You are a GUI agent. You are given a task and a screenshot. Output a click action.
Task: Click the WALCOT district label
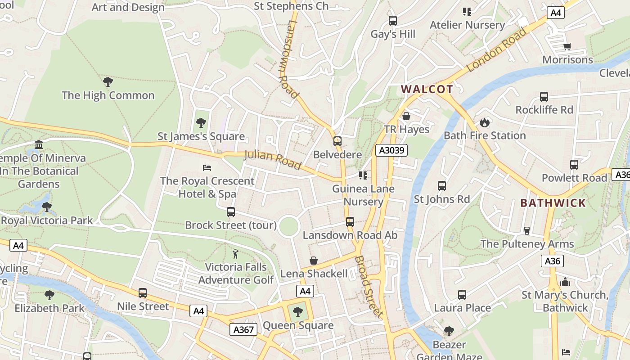click(x=427, y=89)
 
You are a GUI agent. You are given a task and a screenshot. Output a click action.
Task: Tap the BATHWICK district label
click(x=553, y=203)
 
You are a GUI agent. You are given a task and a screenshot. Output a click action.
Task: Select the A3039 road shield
click(x=391, y=150)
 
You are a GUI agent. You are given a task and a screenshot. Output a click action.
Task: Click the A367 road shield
click(x=244, y=329)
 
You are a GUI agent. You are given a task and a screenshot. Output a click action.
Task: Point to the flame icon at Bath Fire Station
click(x=484, y=122)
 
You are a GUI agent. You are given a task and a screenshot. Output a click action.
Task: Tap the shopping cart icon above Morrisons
click(x=567, y=47)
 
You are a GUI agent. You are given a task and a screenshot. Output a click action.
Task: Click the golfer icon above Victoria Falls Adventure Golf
click(x=235, y=254)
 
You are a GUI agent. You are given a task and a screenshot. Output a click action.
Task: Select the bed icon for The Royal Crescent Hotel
click(x=207, y=168)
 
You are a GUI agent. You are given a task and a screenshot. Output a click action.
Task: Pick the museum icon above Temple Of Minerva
click(x=39, y=145)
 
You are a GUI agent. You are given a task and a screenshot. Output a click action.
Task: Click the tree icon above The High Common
click(x=108, y=82)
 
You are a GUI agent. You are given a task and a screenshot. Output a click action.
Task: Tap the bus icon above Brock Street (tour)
click(x=231, y=211)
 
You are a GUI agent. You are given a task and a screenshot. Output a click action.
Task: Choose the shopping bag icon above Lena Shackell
click(x=314, y=261)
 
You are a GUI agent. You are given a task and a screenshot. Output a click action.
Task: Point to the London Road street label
click(x=496, y=50)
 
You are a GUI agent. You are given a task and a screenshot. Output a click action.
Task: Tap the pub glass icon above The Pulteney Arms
click(x=526, y=231)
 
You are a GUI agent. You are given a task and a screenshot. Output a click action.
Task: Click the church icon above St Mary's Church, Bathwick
click(x=565, y=282)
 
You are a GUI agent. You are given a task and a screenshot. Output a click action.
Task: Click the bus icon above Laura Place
click(x=462, y=295)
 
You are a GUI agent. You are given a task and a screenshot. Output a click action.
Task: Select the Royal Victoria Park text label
click(x=47, y=220)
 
